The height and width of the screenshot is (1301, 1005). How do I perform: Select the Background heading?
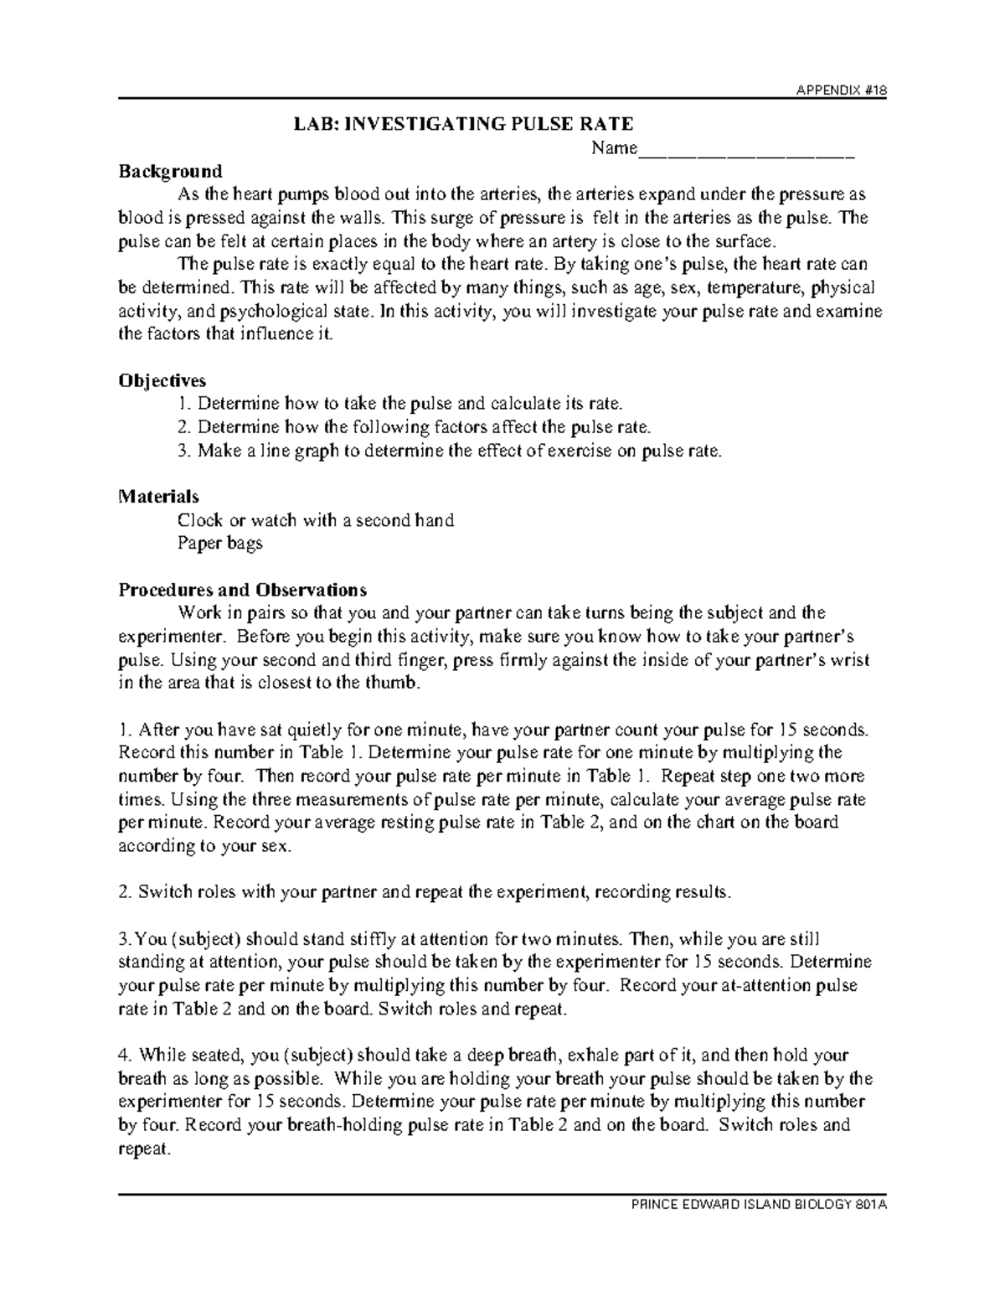[170, 172]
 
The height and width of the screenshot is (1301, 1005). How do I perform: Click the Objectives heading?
[162, 380]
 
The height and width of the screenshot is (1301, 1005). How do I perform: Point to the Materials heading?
[159, 497]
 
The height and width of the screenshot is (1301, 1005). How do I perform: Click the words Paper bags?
[220, 544]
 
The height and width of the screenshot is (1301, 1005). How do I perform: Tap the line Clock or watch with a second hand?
[316, 520]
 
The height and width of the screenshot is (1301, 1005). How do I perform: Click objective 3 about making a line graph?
[449, 451]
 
